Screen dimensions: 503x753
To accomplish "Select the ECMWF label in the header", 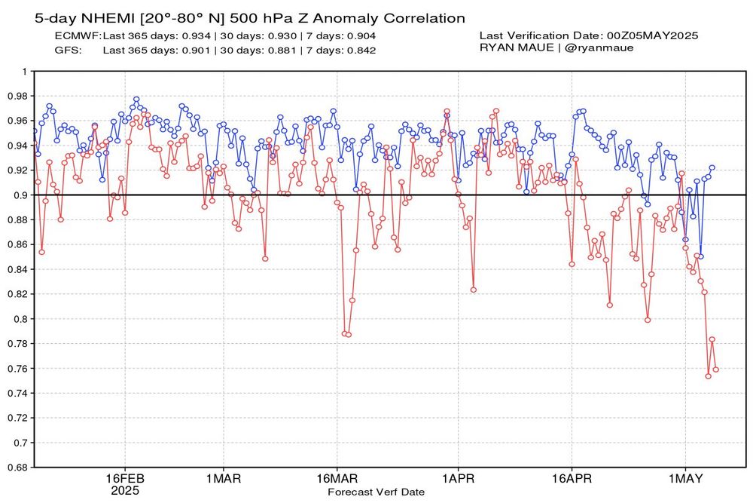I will (x=78, y=35).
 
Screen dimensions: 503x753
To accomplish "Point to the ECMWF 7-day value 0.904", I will (x=360, y=35).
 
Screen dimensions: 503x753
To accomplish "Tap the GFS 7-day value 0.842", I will (x=360, y=50).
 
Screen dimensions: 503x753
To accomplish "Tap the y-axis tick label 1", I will (x=24, y=72).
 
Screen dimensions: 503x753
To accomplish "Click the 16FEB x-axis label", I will (x=124, y=479).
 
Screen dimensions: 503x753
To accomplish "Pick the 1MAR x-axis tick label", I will (x=223, y=479).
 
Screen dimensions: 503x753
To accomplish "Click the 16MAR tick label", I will (x=337, y=479).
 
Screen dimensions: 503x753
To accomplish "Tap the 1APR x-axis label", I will (x=456, y=479).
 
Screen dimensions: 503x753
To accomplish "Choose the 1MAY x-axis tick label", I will (x=685, y=479).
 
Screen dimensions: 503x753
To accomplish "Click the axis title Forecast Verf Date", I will (x=376, y=492).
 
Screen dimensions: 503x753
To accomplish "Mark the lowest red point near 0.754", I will (x=708, y=376).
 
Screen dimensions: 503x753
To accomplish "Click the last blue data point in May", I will (x=712, y=167).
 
